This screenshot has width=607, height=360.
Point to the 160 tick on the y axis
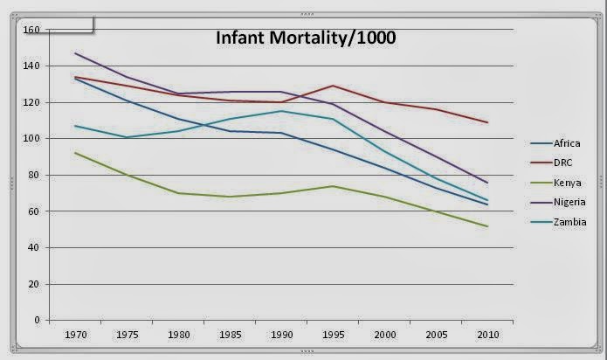(32, 30)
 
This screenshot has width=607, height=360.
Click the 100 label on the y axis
(32, 139)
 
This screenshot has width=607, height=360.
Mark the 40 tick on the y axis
(35, 248)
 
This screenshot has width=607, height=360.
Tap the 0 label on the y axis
(38, 321)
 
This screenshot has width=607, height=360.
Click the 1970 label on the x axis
(76, 334)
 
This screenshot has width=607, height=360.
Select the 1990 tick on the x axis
(281, 334)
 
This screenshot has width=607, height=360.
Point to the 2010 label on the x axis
(486, 334)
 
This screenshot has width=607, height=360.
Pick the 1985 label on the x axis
(230, 334)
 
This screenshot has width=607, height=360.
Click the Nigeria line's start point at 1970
(76, 53)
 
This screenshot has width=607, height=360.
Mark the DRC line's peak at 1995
(333, 86)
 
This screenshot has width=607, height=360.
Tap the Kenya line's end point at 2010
(486, 226)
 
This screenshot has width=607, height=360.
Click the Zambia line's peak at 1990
(281, 111)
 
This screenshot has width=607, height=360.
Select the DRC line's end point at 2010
(486, 122)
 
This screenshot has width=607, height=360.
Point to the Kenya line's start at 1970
(76, 153)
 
